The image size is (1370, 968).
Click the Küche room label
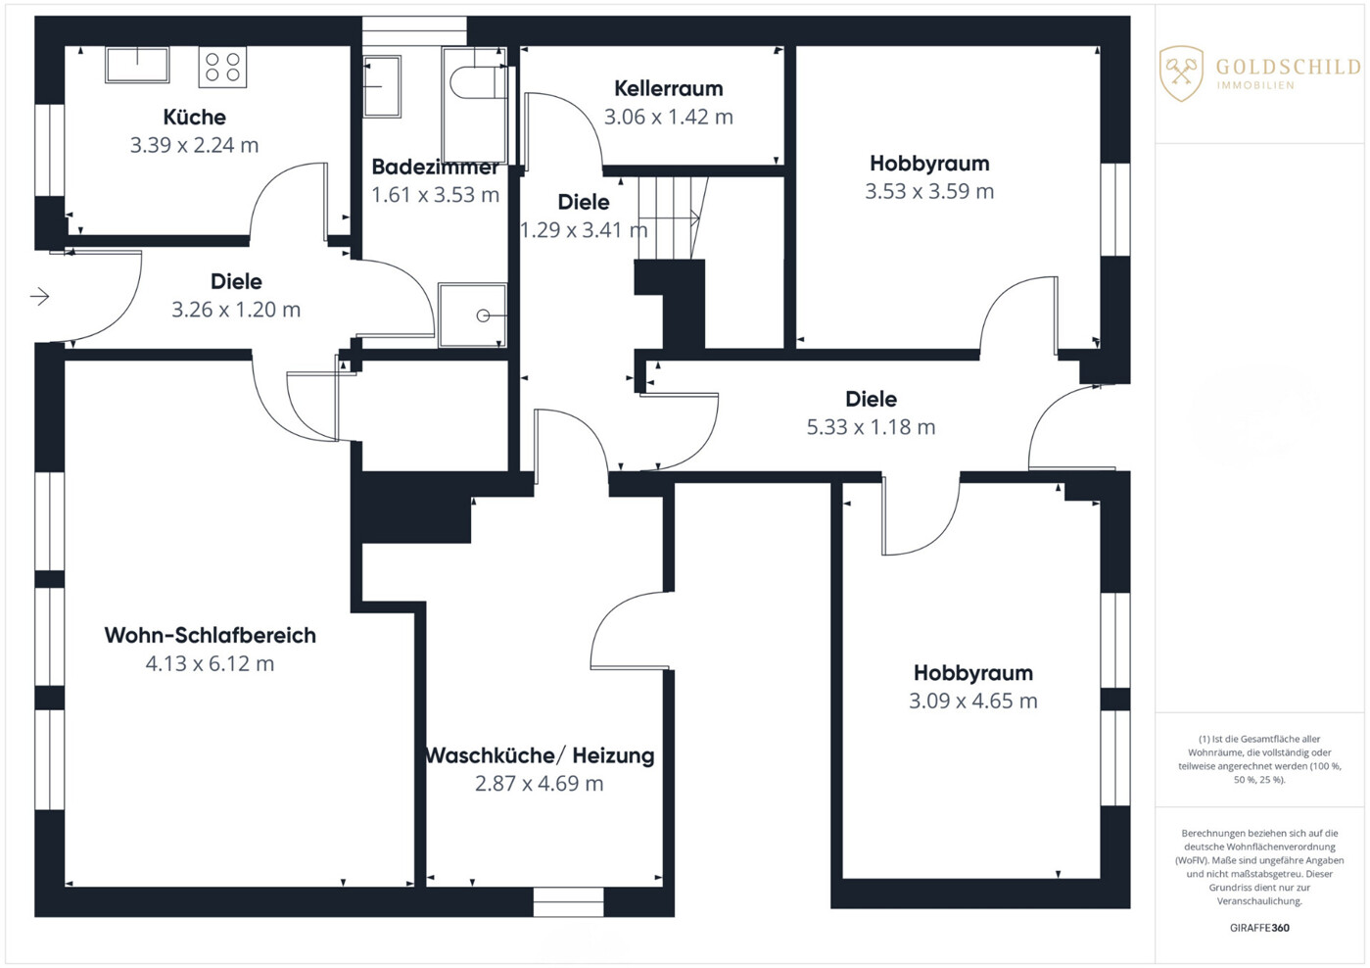(195, 117)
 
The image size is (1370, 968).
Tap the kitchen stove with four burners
(222, 68)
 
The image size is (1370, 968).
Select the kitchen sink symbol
(137, 65)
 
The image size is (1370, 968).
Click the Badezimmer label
(436, 167)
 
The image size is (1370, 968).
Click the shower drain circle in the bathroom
(483, 315)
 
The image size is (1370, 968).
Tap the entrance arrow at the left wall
(40, 297)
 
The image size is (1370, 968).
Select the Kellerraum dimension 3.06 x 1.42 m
(669, 117)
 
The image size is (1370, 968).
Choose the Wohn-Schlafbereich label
(210, 635)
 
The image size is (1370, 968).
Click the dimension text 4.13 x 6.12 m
(210, 663)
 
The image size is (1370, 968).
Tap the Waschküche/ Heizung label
(540, 755)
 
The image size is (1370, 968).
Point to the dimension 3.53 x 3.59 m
(929, 191)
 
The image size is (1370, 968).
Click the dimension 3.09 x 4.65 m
(973, 701)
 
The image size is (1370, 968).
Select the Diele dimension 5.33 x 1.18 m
(871, 427)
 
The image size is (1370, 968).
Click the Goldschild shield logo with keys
(1182, 73)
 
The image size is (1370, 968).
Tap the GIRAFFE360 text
(1259, 928)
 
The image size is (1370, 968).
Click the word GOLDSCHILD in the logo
(1289, 67)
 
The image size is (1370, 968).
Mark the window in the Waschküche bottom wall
(568, 902)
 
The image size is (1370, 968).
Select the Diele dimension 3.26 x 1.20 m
(236, 310)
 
